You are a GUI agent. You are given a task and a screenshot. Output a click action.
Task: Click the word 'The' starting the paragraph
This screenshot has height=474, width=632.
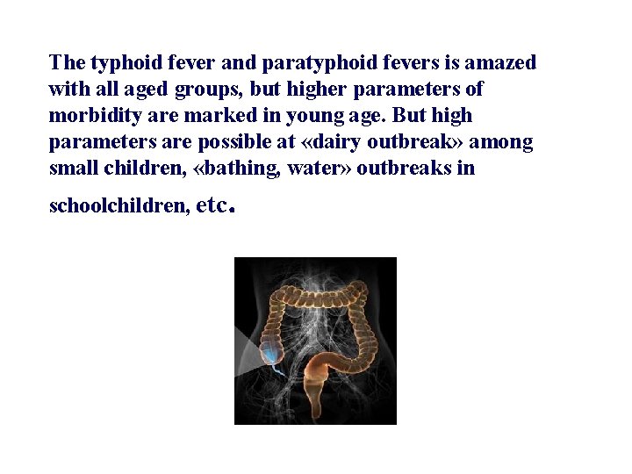tap(67, 63)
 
